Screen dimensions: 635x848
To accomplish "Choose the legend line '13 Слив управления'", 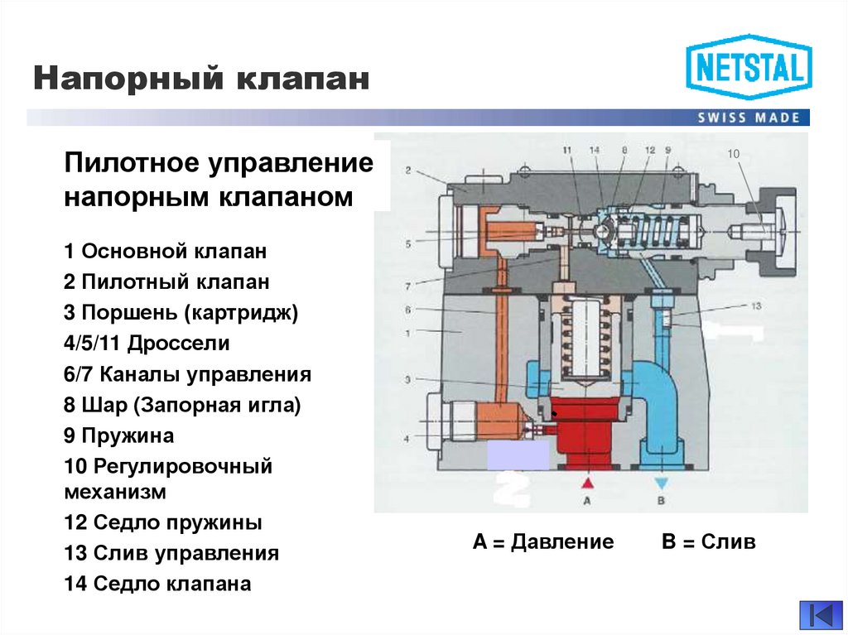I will pyautogui.click(x=171, y=553).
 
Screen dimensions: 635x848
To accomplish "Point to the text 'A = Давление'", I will pyautogui.click(x=543, y=542).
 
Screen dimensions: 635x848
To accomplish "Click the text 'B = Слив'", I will pyautogui.click(x=709, y=542).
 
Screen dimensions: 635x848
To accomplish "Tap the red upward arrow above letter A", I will pyautogui.click(x=587, y=482).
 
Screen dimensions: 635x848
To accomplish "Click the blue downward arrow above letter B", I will pyautogui.click(x=661, y=482).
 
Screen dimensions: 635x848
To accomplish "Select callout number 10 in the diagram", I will pyautogui.click(x=732, y=153).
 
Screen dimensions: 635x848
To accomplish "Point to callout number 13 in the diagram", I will pyautogui.click(x=755, y=305).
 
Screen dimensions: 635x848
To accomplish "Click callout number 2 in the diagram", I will pyautogui.click(x=408, y=171).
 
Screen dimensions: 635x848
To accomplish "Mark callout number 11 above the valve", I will pyautogui.click(x=566, y=150).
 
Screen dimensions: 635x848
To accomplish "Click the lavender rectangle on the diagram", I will pyautogui.click(x=517, y=455).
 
